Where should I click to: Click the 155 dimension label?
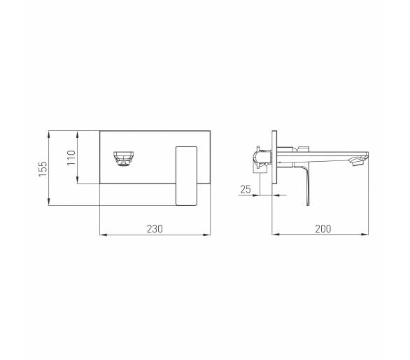pyautogui.click(x=43, y=169)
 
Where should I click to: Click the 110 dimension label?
pyautogui.click(x=71, y=158)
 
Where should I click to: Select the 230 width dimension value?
pyautogui.click(x=155, y=228)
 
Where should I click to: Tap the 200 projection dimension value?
pyautogui.click(x=323, y=228)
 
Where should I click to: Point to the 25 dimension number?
pyautogui.click(x=246, y=189)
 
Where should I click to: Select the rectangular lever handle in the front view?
pyautogui.click(x=186, y=176)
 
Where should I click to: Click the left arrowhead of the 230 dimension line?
pyautogui.click(x=104, y=235)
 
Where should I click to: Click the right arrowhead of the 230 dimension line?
pyautogui.click(x=207, y=235)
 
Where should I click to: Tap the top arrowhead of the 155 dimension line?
pyautogui.click(x=49, y=134)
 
